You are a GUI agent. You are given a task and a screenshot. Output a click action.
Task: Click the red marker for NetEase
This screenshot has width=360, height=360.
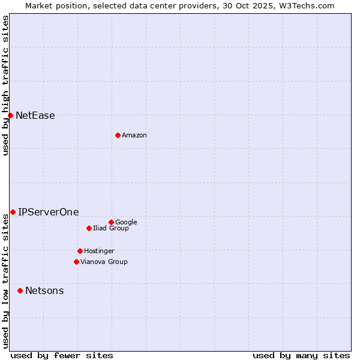10,115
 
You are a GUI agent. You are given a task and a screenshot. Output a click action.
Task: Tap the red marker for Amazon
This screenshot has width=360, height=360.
118,135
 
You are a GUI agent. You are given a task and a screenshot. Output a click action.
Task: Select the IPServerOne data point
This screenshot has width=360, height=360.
13,212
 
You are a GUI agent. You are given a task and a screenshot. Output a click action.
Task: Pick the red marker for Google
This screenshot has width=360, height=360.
111,222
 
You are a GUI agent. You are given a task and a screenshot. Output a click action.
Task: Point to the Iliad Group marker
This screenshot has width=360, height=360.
89,228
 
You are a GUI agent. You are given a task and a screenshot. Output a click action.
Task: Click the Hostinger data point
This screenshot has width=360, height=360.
80,251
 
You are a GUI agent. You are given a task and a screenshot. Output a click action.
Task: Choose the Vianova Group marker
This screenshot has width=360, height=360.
76,262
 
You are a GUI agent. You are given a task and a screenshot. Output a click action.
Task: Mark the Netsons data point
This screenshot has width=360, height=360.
20,290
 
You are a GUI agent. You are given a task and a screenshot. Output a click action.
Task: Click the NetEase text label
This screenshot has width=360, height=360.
35,116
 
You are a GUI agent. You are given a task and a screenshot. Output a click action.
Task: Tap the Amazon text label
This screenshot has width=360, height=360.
134,136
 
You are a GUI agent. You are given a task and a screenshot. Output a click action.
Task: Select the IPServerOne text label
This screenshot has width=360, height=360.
48,212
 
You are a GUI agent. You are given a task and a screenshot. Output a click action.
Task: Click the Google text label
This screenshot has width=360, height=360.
126,223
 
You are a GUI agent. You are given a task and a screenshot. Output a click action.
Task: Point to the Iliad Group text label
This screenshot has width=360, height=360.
110,229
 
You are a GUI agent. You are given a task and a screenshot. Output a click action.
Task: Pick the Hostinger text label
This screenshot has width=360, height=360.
99,251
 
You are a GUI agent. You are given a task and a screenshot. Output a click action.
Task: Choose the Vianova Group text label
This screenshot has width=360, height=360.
104,262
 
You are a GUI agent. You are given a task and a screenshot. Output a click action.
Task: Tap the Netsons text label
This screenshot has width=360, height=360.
44,291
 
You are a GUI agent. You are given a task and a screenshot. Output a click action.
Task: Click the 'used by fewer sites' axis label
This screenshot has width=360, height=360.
62,355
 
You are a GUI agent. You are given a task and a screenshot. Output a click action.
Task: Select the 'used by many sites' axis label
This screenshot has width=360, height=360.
301,355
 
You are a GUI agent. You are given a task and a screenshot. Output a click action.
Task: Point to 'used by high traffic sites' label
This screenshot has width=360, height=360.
6,85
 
